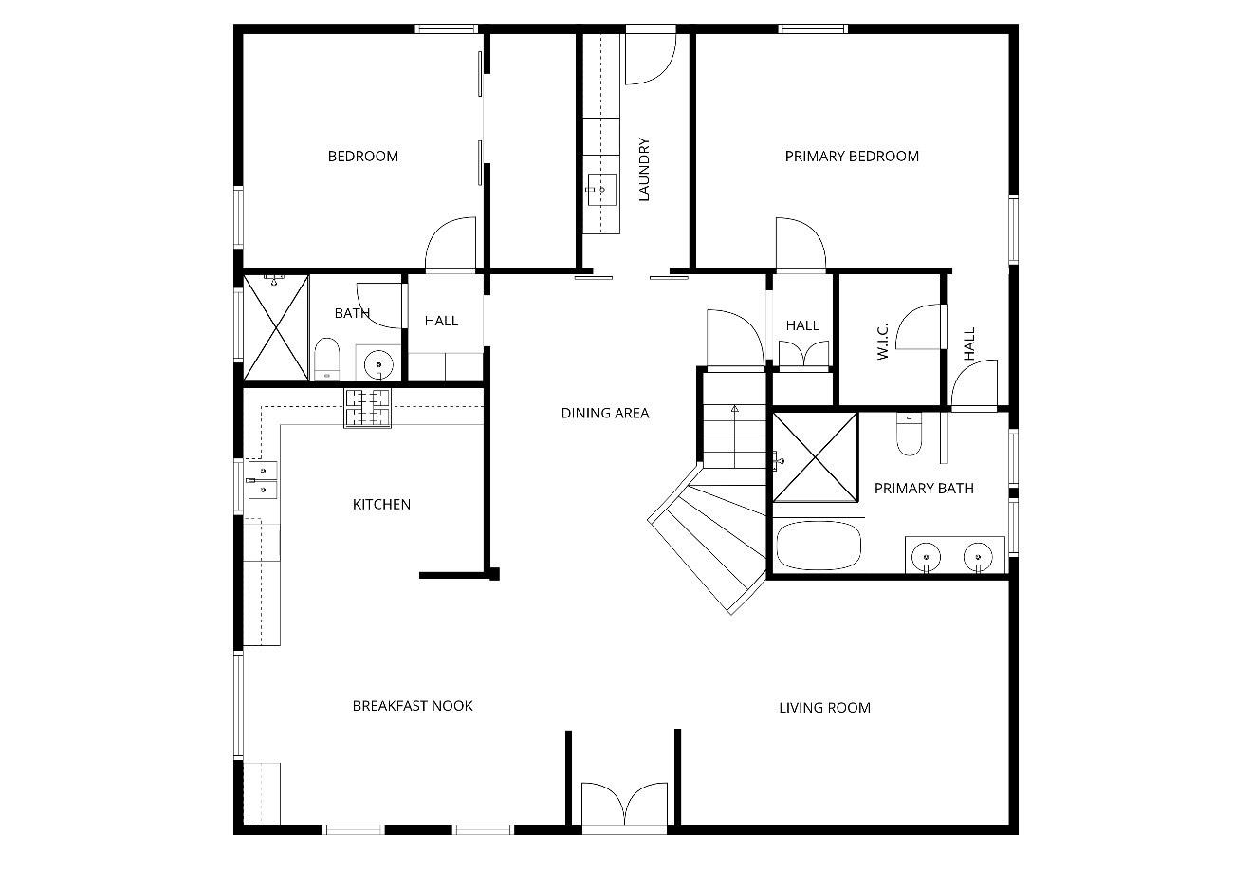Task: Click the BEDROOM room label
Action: coord(362,157)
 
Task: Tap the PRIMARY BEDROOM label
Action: coord(851,157)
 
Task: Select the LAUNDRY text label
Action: coord(644,171)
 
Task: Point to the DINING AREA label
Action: coord(604,413)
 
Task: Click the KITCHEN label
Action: coord(381,505)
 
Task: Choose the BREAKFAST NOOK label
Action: coord(412,706)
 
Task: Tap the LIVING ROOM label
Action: coord(823,708)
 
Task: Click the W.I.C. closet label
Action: coord(882,342)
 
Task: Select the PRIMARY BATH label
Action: coord(923,489)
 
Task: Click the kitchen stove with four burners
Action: coord(367,409)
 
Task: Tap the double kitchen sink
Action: coord(262,479)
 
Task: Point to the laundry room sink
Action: coord(599,189)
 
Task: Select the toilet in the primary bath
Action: coord(908,436)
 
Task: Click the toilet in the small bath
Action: coord(325,358)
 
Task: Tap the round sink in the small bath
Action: coord(378,362)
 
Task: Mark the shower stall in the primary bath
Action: coord(815,456)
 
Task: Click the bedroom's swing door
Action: coord(450,246)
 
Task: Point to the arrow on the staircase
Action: coord(734,410)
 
